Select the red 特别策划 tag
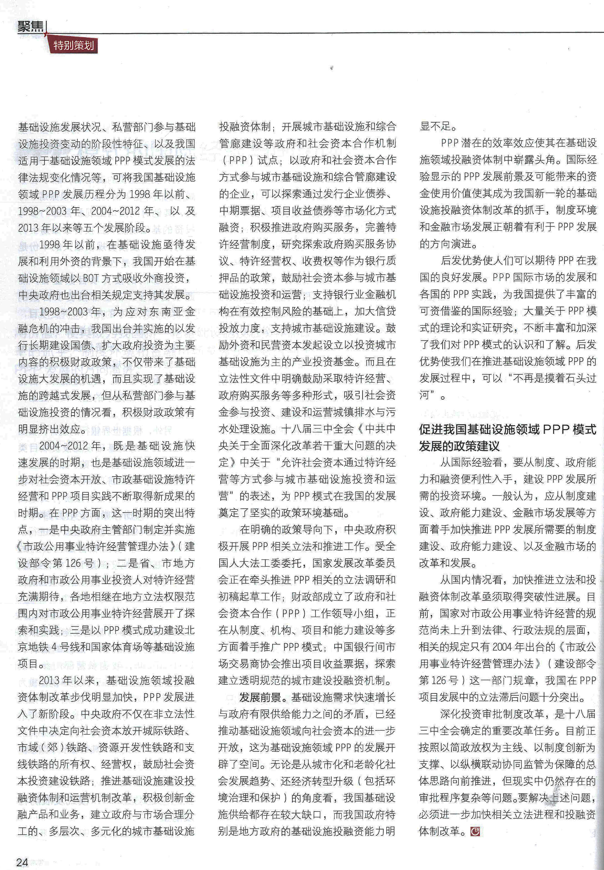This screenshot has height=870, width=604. (73, 46)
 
